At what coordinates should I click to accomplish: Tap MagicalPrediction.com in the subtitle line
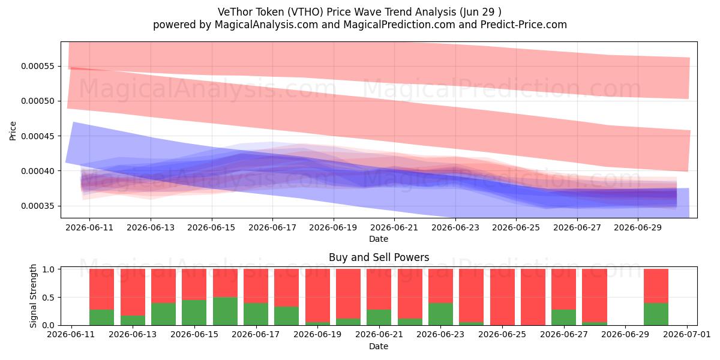pos(399,25)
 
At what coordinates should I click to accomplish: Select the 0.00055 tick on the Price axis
pos(38,66)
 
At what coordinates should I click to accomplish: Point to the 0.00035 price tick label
pos(38,206)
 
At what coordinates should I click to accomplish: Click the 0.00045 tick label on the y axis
pos(38,136)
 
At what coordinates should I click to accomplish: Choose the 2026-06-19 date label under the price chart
pos(333,227)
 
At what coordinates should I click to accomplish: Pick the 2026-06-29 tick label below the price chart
pos(638,227)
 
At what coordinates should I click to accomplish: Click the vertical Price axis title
pos(13,131)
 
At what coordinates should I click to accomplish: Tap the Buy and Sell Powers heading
pos(379,257)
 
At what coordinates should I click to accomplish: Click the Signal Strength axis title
pos(33,296)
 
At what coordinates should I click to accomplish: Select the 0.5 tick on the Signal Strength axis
pos(48,298)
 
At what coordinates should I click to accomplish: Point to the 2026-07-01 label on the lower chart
pos(687,335)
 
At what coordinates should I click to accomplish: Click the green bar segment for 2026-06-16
pos(226,311)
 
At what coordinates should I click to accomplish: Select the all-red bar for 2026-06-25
pos(502,297)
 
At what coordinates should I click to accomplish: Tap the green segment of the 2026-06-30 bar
pos(656,314)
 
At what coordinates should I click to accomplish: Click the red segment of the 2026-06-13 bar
pos(133,292)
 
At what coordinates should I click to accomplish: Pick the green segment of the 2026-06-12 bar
pos(101,317)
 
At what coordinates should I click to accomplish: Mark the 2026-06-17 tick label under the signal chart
pos(256,335)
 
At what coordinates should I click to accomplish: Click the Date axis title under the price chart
pos(379,239)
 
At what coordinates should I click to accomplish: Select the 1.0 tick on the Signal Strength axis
pos(48,269)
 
